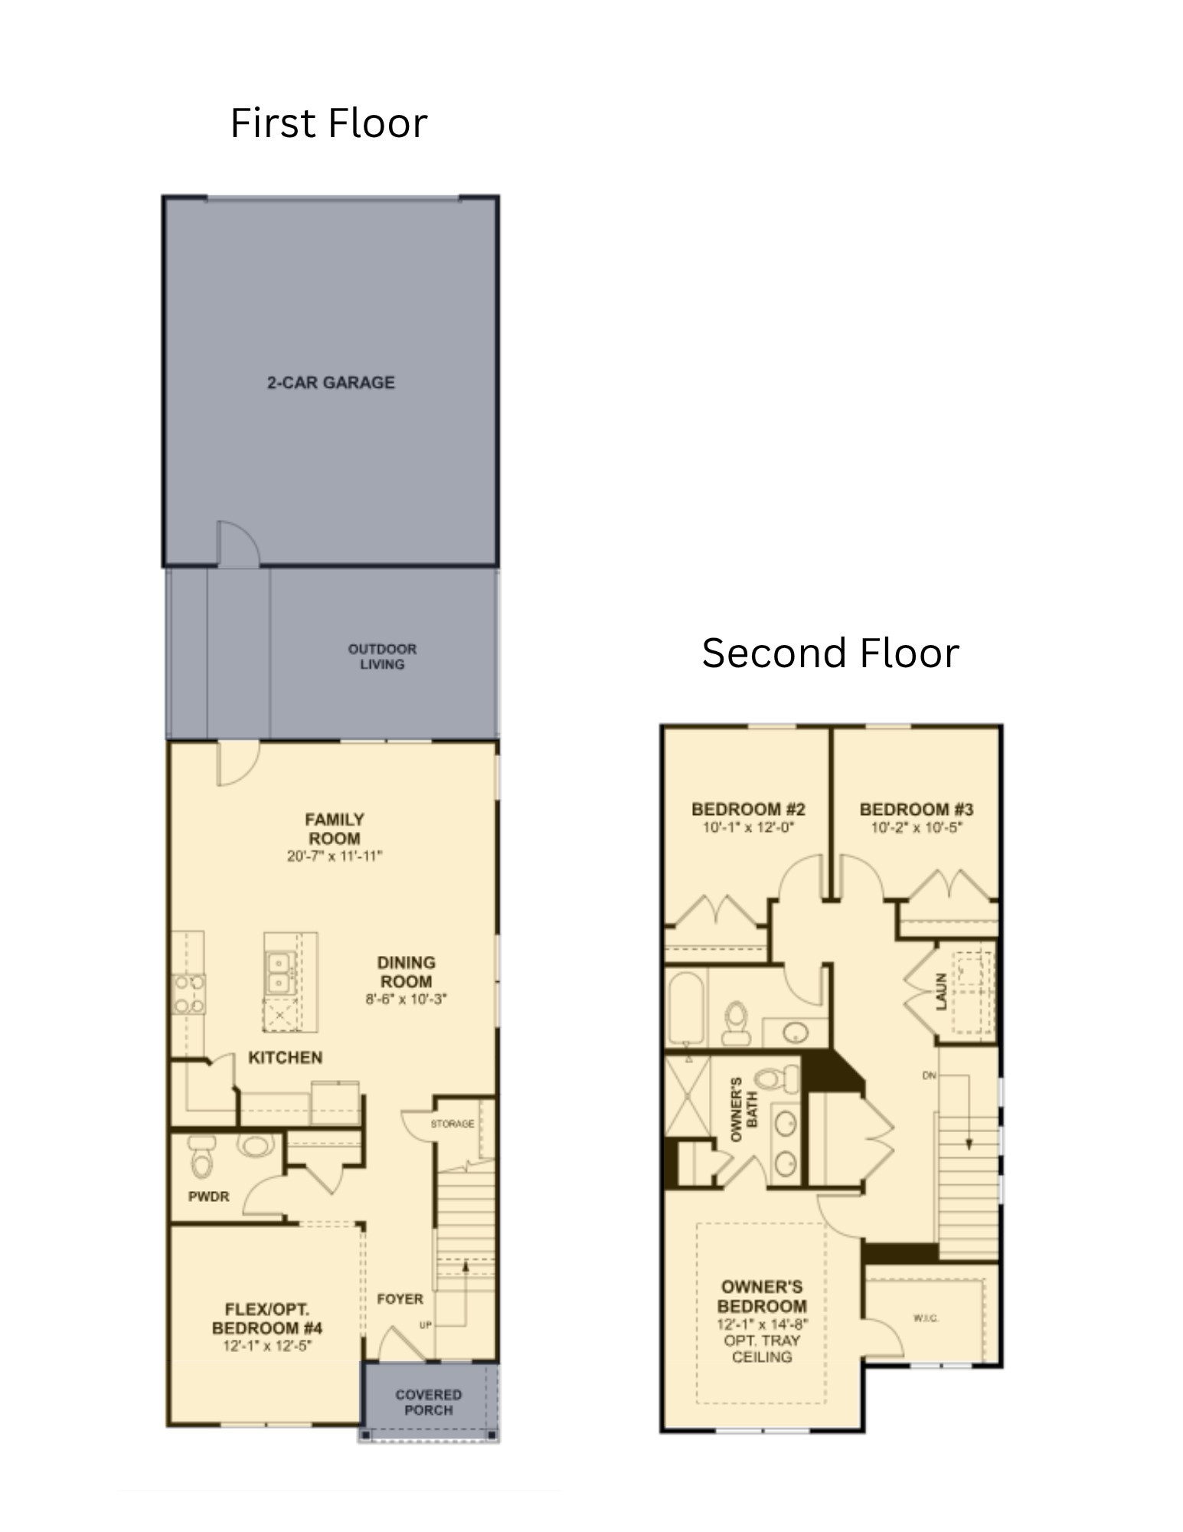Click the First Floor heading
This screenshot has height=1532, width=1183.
(x=328, y=123)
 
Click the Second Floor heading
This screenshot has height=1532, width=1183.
(x=830, y=653)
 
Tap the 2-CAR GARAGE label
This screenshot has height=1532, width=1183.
(x=331, y=382)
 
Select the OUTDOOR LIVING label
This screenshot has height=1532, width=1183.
(x=382, y=656)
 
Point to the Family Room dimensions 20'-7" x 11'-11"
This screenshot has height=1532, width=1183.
(x=335, y=856)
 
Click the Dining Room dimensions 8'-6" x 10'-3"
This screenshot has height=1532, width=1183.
(x=406, y=999)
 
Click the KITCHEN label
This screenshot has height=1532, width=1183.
(x=286, y=1057)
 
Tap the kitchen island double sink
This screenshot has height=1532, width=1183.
(x=278, y=971)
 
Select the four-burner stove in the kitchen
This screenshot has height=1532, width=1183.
(x=188, y=993)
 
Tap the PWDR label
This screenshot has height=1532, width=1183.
(x=208, y=1196)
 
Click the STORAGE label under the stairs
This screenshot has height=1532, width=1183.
(x=452, y=1124)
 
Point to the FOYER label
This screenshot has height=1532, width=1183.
(x=400, y=1299)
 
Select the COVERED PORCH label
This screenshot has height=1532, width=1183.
(x=428, y=1402)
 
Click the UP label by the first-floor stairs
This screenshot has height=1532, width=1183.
(x=426, y=1324)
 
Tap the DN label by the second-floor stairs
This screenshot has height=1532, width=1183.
(x=930, y=1075)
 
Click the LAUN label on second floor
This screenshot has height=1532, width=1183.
(x=942, y=991)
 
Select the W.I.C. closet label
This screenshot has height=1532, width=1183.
(x=926, y=1318)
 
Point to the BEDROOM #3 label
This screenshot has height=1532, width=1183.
(x=916, y=809)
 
